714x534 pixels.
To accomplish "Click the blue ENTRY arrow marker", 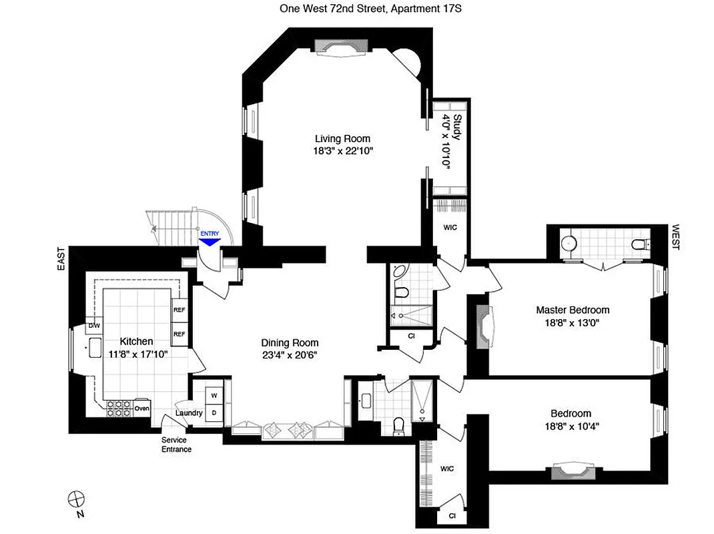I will [x=210, y=241].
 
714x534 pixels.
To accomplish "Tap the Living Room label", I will [x=343, y=139].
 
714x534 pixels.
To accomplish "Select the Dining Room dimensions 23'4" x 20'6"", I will [x=288, y=355].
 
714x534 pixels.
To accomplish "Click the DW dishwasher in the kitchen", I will [x=93, y=325].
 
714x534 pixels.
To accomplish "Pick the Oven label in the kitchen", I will [x=141, y=409].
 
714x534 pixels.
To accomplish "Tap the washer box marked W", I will [x=214, y=395].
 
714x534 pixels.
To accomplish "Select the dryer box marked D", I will [x=214, y=413].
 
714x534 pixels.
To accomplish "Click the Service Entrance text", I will [x=176, y=445].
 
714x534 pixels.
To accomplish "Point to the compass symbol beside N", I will [x=77, y=498].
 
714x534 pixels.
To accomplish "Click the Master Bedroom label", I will [x=573, y=310].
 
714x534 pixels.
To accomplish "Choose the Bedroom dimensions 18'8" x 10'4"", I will [x=571, y=427].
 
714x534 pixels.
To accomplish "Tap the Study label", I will [x=458, y=127].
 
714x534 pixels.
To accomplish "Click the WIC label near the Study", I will [x=450, y=226].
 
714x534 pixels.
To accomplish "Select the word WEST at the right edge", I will [x=675, y=236].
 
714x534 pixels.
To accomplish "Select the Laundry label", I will [x=189, y=413].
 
